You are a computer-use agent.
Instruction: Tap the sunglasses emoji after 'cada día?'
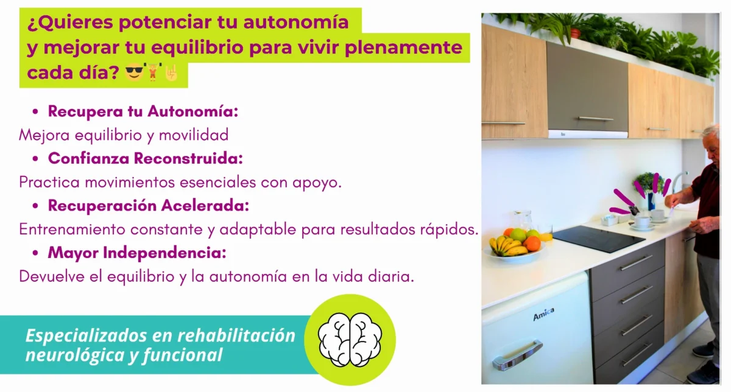pos(133,74)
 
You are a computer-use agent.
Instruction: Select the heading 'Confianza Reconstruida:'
pos(145,158)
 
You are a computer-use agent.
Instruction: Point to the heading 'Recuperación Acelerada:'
pos(148,206)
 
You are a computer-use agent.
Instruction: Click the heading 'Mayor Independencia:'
pos(137,252)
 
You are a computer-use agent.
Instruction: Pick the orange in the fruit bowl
pos(532,243)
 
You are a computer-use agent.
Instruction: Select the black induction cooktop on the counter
pos(598,238)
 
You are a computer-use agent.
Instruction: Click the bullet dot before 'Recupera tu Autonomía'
pos(35,112)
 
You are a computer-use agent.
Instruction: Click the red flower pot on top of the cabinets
pos(575,32)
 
